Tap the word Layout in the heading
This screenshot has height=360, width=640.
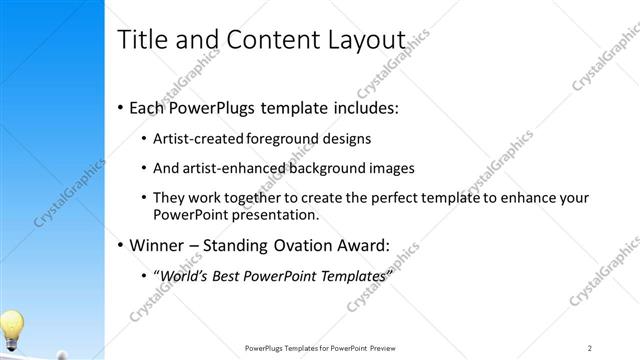click(358, 41)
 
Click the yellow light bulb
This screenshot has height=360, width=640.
click(12, 325)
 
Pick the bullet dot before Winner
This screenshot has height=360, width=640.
click(121, 245)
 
